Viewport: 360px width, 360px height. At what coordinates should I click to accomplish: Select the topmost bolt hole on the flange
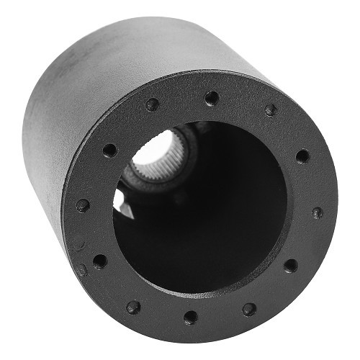[211, 97]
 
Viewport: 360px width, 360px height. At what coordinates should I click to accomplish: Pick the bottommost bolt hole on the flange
[189, 317]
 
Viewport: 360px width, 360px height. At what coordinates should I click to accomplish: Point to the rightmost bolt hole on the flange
[317, 213]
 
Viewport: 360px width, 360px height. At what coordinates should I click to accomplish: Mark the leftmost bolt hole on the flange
[83, 204]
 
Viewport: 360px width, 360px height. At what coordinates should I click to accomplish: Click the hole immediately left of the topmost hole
[152, 105]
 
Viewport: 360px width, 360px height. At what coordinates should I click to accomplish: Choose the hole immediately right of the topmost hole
[270, 110]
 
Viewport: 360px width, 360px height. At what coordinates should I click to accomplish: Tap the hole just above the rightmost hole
[302, 156]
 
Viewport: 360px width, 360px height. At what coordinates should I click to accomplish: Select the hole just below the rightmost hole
[291, 266]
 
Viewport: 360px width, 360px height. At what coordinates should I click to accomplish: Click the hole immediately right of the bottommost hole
[248, 309]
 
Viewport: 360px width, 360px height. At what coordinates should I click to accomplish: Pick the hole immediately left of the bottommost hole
[133, 307]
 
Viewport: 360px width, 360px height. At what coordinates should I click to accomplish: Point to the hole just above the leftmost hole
[109, 150]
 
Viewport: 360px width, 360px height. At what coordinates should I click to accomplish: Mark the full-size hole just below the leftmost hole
[99, 261]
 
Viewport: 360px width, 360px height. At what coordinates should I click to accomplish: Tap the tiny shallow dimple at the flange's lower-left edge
[83, 271]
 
